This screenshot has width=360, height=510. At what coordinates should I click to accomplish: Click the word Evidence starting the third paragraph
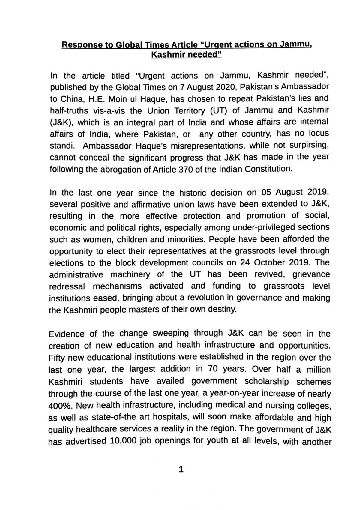(67, 334)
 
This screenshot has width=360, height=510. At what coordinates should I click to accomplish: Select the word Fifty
(57, 358)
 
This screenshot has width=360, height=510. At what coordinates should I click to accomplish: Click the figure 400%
(60, 406)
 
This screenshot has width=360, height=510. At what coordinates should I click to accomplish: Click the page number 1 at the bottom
(181, 469)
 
